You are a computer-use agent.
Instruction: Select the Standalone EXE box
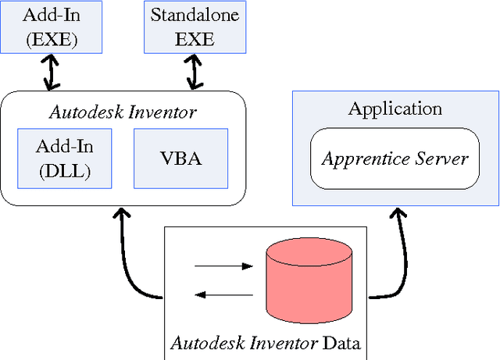click(x=194, y=27)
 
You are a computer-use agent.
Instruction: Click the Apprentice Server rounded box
click(x=394, y=159)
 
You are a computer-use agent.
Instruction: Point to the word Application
click(x=395, y=109)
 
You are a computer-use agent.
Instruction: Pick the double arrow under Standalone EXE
click(x=194, y=73)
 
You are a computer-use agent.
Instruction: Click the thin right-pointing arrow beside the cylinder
click(x=223, y=266)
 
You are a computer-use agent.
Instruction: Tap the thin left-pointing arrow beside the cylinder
click(x=223, y=294)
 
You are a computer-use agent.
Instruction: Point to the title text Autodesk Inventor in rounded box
click(x=123, y=112)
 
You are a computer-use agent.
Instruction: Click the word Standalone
click(x=194, y=16)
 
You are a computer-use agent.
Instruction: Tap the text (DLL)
click(x=64, y=172)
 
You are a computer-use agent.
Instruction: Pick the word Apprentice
click(x=366, y=160)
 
